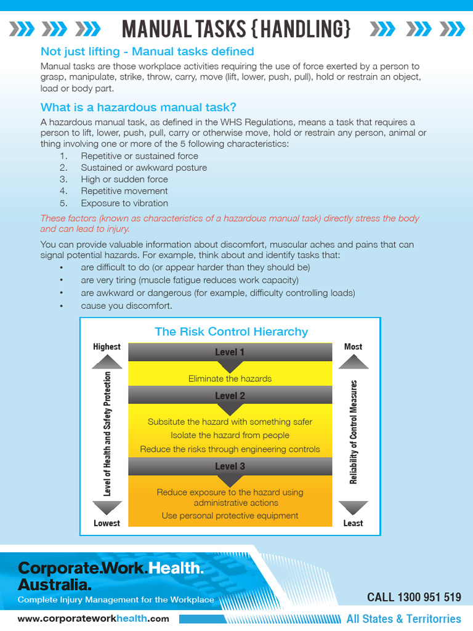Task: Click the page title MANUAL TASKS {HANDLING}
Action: pos(236,28)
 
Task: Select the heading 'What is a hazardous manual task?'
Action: pos(139,107)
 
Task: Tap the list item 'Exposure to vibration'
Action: pos(124,203)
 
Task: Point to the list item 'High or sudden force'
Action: pos(124,179)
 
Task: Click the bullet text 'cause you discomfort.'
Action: pos(126,306)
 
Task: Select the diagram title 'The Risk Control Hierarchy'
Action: pos(231,332)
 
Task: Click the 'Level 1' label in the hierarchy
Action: pos(230,352)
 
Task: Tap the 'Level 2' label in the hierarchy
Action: pos(230,396)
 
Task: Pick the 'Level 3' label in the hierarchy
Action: pos(230,466)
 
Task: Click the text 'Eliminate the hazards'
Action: pos(230,378)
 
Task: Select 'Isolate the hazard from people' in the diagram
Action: pos(230,435)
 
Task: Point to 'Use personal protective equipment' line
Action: pos(230,515)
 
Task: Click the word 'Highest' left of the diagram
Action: pos(107,346)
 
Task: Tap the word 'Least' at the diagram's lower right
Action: pos(353,523)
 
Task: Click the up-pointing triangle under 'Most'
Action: pos(354,362)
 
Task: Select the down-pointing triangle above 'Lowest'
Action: pos(107,507)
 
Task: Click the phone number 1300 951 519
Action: pos(429,596)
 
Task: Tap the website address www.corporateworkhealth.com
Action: pos(93,619)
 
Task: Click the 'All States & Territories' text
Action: pos(403,619)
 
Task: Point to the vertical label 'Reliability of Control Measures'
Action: pos(354,431)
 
